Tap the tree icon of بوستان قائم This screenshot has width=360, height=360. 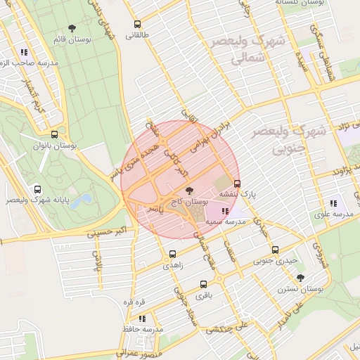72,28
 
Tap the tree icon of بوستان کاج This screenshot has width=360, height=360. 188,190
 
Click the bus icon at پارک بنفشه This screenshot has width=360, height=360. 237,184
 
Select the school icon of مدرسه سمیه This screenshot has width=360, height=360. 224,211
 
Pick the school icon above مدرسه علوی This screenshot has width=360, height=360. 333,204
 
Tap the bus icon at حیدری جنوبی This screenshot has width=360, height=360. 274,250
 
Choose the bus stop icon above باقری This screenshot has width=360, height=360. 203,285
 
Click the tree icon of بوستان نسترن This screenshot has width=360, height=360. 300,278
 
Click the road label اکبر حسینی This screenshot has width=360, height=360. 111,231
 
